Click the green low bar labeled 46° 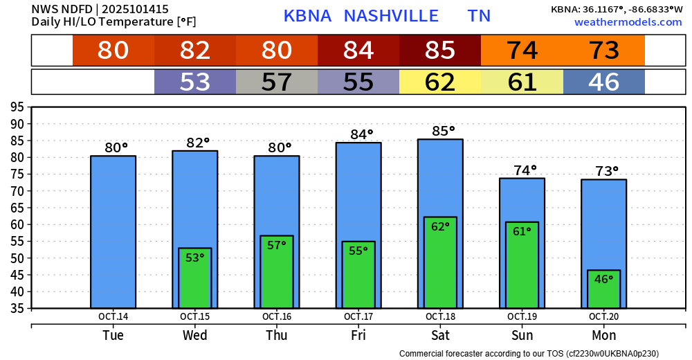pos(603,289)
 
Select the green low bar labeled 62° pos(440,263)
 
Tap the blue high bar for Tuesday pos(113,232)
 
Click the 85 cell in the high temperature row pos(440,51)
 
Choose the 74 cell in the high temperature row pos(522,51)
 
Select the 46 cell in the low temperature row pos(603,82)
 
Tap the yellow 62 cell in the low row pos(440,82)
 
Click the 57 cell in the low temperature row pos(277,82)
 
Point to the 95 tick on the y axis pos(16,107)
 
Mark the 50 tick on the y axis pos(16,258)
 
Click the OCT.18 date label pos(440,317)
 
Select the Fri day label pos(358,336)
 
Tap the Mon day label pos(603,336)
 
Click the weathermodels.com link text pos(628,22)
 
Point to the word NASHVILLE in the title pos(391,16)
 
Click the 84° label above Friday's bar pos(358,134)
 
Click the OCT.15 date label pos(195,317)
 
